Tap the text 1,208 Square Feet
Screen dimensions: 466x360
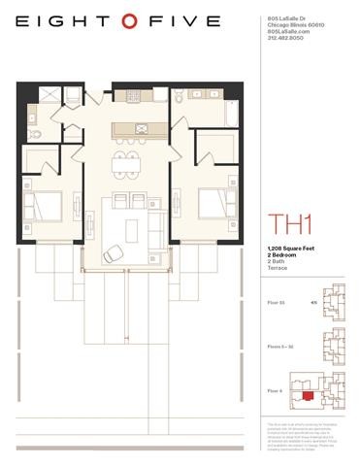pyautogui.click(x=292, y=250)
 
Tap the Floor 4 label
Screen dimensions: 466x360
pyautogui.click(x=276, y=391)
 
